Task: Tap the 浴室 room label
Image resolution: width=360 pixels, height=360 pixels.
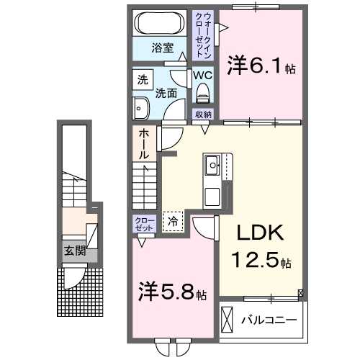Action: click(x=162, y=48)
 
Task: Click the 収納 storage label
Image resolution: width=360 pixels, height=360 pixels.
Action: click(x=202, y=114)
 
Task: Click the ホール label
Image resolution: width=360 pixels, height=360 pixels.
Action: click(x=144, y=144)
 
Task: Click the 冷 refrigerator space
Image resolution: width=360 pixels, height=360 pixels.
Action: click(x=173, y=221)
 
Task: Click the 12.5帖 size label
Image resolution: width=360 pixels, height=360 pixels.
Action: click(x=261, y=260)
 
